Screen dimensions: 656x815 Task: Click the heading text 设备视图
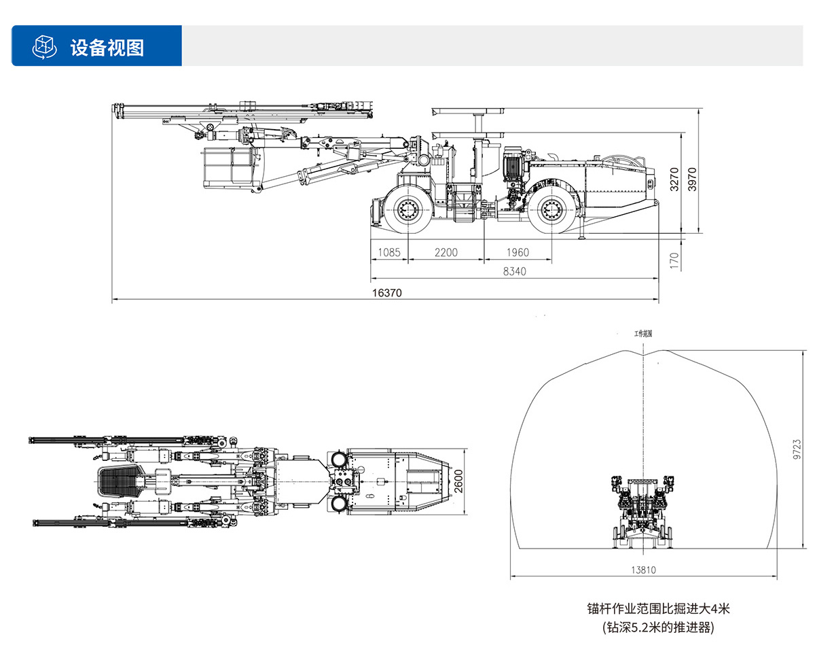pyautogui.click(x=107, y=47)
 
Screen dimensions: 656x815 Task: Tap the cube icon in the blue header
pyautogui.click(x=44, y=46)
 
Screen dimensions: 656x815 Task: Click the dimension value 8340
pyautogui.click(x=514, y=271)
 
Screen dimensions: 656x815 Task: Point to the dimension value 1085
pyautogui.click(x=389, y=252)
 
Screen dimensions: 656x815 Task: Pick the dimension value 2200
pyautogui.click(x=446, y=252)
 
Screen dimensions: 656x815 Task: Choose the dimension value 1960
pyautogui.click(x=517, y=252)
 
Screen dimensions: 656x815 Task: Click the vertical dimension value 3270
pyautogui.click(x=674, y=178)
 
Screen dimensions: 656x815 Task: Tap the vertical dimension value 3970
pyautogui.click(x=692, y=178)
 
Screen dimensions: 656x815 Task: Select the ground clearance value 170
pyautogui.click(x=674, y=260)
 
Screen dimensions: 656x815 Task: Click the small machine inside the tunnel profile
pyautogui.click(x=642, y=510)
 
